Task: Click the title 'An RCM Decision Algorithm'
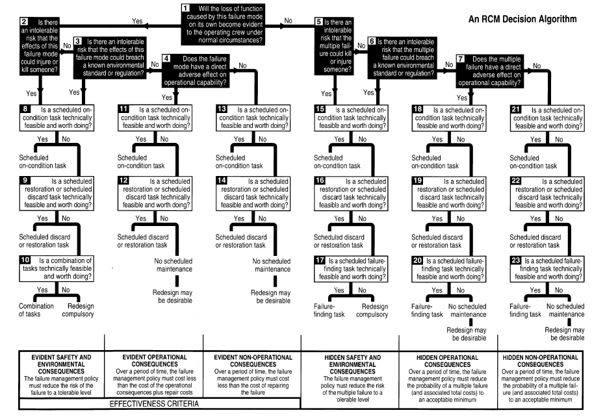coord(522,19)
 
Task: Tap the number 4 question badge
coord(166,58)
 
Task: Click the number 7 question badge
coord(460,58)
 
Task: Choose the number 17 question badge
coord(319,260)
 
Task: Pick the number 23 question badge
coord(516,260)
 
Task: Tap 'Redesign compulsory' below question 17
coord(374,310)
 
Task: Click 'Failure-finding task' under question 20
coord(428,310)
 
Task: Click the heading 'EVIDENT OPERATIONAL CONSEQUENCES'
coord(153,360)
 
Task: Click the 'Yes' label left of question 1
coord(137,21)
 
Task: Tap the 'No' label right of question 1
coord(288,21)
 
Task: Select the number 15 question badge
coord(319,108)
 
